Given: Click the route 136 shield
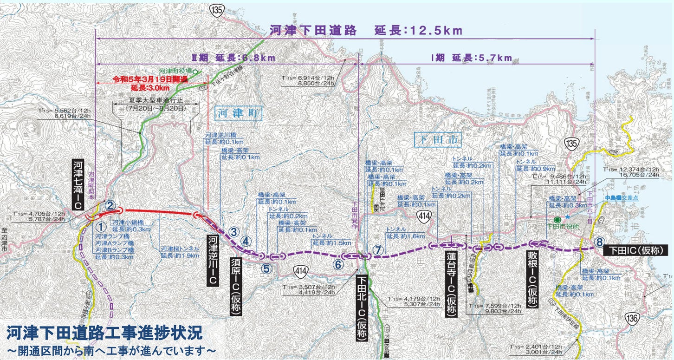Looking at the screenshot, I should pyautogui.click(x=642, y=320).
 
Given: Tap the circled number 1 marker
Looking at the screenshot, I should pyautogui.click(x=101, y=227).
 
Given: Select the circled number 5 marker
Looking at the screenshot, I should pyautogui.click(x=266, y=268).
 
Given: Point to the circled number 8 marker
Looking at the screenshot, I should pyautogui.click(x=599, y=242).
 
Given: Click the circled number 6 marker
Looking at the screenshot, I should pyautogui.click(x=338, y=265).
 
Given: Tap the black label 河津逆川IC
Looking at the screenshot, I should pyautogui.click(x=213, y=260).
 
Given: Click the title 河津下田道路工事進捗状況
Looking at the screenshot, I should pyautogui.click(x=104, y=333).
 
